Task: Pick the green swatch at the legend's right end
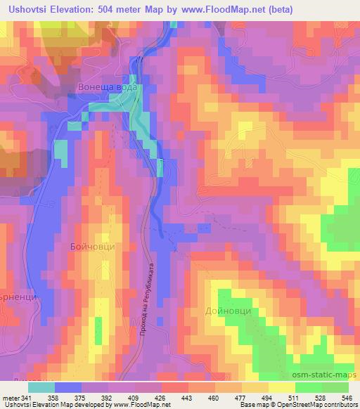335,387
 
